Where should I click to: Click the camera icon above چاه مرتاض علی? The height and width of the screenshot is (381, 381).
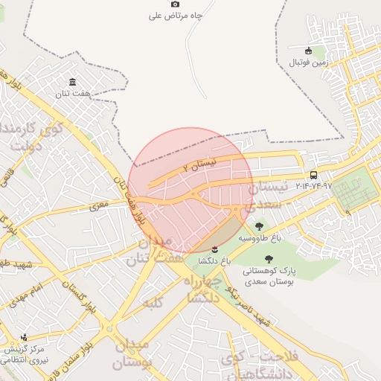tap(176, 4)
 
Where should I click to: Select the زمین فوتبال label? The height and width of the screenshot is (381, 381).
tap(308, 63)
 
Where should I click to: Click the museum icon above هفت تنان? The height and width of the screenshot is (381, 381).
tap(72, 82)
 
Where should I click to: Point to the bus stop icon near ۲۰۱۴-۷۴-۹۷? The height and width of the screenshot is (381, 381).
tap(313, 176)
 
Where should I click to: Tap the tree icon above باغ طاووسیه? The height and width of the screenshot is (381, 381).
tap(259, 225)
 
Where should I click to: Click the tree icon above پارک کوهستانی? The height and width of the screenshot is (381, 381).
tap(269, 259)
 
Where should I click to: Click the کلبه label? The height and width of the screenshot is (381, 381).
tap(153, 302)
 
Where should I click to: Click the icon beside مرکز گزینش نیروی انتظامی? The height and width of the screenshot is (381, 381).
tap(25, 337)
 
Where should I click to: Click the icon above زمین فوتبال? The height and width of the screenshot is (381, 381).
tap(308, 51)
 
